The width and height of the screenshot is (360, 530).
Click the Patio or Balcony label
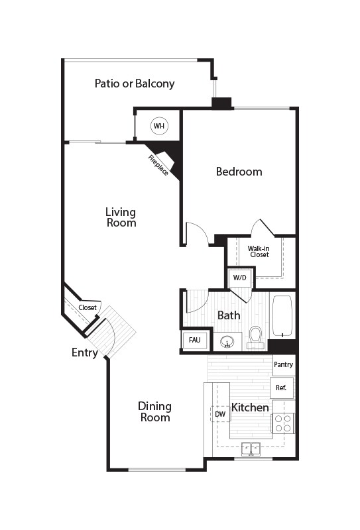point(135,83)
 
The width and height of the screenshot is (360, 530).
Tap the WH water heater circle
point(158,125)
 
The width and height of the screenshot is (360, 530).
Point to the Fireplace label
point(158,165)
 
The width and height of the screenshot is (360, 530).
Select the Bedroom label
point(239,172)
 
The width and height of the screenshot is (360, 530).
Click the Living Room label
point(121,217)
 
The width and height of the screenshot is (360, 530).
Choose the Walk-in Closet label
point(259,252)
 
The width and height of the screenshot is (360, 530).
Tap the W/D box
point(239,278)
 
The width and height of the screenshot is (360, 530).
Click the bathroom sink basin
point(227,342)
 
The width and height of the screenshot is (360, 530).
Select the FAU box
point(194,340)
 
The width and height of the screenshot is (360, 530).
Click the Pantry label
point(283,364)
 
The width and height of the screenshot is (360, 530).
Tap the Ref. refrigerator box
point(281,388)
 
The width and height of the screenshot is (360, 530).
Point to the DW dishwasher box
point(220,415)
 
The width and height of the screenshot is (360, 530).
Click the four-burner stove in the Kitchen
point(284,423)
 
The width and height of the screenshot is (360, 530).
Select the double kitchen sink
point(252,449)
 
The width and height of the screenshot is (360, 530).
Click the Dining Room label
point(154,411)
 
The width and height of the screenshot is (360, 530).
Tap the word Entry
point(85,353)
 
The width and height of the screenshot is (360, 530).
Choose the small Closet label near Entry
point(88,307)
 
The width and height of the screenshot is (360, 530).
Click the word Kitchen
point(250,407)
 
